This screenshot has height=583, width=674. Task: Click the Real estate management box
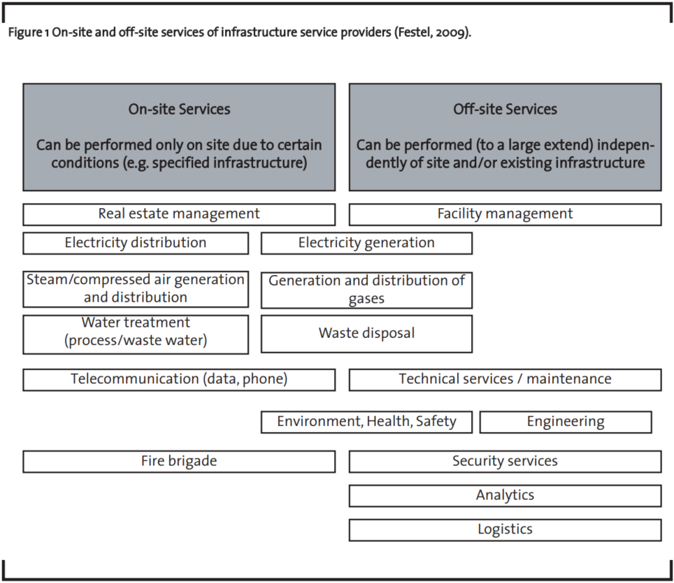point(179,214)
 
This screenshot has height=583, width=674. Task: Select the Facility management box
point(505,214)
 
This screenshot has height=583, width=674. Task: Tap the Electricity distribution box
point(136,244)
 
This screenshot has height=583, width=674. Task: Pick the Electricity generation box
point(366,244)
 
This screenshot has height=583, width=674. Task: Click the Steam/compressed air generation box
point(136,289)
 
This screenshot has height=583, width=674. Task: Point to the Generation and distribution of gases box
point(366,290)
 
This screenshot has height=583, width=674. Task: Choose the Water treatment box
point(136,334)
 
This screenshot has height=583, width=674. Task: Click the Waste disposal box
point(366,334)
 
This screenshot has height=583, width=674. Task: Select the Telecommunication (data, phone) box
point(179,380)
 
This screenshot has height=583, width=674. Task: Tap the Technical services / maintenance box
point(505,380)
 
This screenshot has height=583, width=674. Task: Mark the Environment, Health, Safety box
point(366,422)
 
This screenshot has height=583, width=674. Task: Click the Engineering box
point(566,422)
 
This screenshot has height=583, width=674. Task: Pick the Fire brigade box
point(179,462)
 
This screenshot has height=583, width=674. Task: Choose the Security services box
point(505,462)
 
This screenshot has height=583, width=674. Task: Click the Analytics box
point(505,496)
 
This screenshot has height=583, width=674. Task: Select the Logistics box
point(505,530)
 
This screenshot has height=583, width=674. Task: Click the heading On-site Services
point(179,110)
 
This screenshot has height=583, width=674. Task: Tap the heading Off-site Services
point(505,110)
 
